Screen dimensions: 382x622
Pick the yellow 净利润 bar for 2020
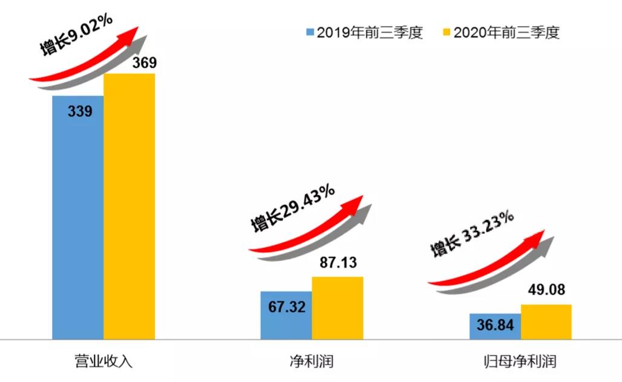point(337,308)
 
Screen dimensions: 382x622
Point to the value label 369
point(129,63)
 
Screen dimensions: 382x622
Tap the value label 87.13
point(336,263)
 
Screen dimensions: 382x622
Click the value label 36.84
point(494,326)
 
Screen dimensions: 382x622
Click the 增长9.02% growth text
point(76,35)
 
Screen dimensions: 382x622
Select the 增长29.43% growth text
point(292,209)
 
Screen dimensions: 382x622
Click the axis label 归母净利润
point(520,362)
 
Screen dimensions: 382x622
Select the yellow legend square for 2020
point(447,32)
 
